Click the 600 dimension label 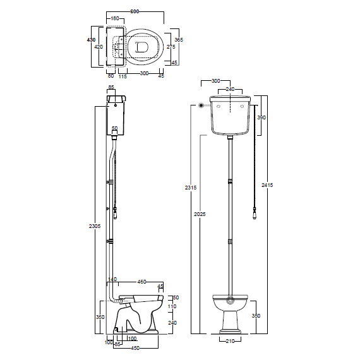coord(135,11)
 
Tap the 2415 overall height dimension coord(267,185)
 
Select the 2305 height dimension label coord(95,226)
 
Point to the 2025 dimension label coord(200,214)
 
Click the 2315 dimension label coord(191,188)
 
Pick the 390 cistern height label coord(261,117)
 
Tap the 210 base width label coord(230,341)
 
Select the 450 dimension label coord(135,348)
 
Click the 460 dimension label coord(141,282)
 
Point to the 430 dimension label coord(91,40)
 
